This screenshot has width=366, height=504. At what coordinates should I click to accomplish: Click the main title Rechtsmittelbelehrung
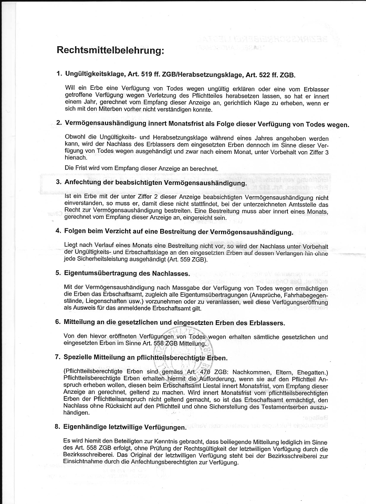[x=110, y=51]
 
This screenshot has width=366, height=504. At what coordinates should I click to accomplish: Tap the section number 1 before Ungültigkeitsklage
[x=58, y=75]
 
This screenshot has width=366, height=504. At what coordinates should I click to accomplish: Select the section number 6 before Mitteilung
[x=58, y=321]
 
